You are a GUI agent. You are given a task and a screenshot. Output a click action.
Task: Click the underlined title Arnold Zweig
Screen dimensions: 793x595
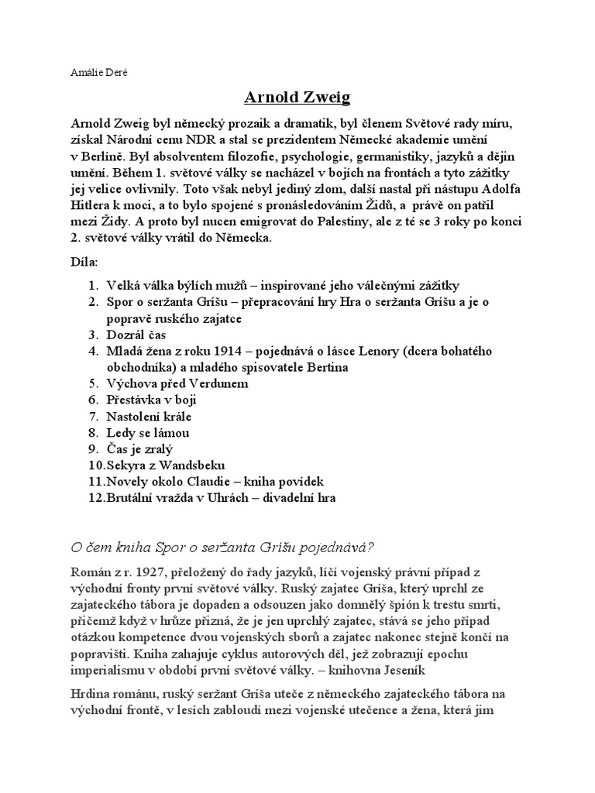[297, 97]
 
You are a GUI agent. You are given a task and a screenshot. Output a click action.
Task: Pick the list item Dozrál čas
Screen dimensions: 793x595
[136, 335]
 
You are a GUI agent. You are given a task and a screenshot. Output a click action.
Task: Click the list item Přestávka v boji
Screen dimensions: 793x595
[151, 400]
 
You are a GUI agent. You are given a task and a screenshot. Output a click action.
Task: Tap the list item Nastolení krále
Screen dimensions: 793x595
[150, 416]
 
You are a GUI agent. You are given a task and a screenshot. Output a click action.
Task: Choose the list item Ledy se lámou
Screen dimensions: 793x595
[148, 432]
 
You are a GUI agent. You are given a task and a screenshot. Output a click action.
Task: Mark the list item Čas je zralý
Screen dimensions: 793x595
[139, 448]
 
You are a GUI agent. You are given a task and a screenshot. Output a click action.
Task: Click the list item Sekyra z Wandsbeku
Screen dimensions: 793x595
[166, 465]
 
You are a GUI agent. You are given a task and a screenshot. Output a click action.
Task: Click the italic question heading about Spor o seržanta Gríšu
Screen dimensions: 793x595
[222, 548]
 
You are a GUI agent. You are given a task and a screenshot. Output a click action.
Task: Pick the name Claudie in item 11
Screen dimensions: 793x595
[218, 481]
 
